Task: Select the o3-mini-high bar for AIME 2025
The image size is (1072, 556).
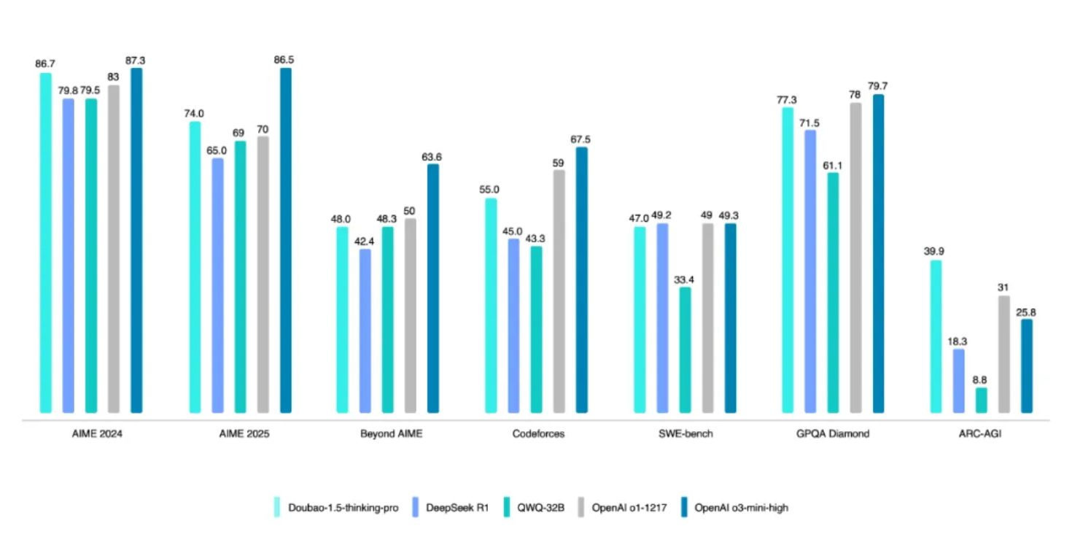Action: pyautogui.click(x=285, y=241)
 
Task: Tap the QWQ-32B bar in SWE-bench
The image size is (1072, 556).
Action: pyautogui.click(x=685, y=350)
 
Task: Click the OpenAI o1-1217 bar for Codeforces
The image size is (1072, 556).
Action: pyautogui.click(x=559, y=292)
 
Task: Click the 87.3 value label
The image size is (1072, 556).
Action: pyautogui.click(x=136, y=61)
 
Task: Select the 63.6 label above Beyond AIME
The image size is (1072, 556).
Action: pyautogui.click(x=432, y=156)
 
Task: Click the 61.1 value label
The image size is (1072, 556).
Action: pyautogui.click(x=833, y=165)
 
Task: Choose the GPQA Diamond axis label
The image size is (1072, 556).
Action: pyautogui.click(x=833, y=433)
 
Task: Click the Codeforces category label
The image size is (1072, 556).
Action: pyautogui.click(x=538, y=433)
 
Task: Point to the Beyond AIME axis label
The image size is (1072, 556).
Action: pyautogui.click(x=391, y=433)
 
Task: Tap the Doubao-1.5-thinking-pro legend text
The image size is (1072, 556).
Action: pyautogui.click(x=343, y=508)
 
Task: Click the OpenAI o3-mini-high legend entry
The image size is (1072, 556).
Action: pyautogui.click(x=741, y=508)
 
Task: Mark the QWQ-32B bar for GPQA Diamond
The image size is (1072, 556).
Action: pyautogui.click(x=833, y=293)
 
